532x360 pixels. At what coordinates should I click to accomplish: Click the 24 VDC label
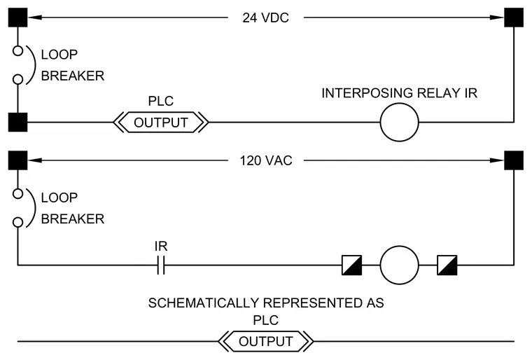click(x=266, y=18)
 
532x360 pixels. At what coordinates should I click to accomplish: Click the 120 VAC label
click(x=266, y=160)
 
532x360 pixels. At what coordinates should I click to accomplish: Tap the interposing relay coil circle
click(x=399, y=123)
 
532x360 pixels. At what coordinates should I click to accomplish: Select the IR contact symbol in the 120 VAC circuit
click(x=161, y=265)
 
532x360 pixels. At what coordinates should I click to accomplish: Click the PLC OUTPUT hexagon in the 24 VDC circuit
click(x=161, y=123)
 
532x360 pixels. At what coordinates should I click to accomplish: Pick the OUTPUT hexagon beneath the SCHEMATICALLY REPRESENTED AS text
click(x=266, y=341)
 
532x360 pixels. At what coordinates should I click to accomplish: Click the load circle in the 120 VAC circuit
click(x=399, y=265)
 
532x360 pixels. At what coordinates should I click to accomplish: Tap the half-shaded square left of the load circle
click(x=352, y=265)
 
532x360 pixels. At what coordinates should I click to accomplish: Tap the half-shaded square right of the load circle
click(x=447, y=265)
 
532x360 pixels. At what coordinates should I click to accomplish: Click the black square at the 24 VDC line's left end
click(x=17, y=18)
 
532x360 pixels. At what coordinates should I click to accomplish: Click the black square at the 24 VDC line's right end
click(x=514, y=18)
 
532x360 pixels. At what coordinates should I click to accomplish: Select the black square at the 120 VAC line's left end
click(x=17, y=160)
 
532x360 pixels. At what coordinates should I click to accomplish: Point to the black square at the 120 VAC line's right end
click(x=514, y=160)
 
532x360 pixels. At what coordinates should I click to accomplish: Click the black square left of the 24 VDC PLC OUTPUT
click(x=17, y=123)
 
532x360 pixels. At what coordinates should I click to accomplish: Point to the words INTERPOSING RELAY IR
click(x=399, y=93)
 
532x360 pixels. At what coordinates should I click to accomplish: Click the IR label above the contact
click(x=161, y=247)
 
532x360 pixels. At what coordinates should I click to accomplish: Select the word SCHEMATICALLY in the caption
click(x=204, y=303)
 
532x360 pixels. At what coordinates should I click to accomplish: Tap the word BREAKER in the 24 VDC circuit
click(x=73, y=76)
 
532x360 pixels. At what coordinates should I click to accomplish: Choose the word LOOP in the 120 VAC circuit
click(x=59, y=198)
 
